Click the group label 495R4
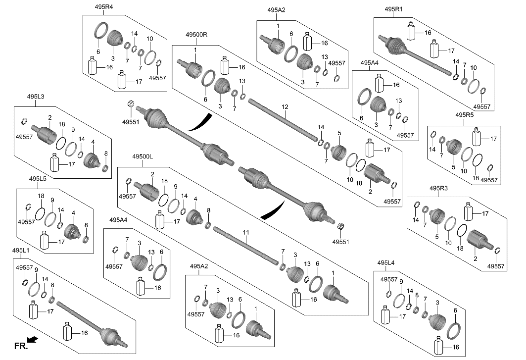click(103, 7)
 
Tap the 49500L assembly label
click(143, 156)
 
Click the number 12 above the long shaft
click(285, 107)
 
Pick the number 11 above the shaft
click(245, 232)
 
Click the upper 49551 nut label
click(131, 121)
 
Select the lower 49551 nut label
click(340, 242)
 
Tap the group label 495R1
click(394, 9)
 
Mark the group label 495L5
click(38, 178)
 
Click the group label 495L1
click(21, 251)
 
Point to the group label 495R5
click(465, 115)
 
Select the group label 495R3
click(439, 188)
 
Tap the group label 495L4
click(386, 262)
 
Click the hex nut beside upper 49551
click(131, 103)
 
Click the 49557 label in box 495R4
click(157, 78)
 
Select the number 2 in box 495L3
click(50, 117)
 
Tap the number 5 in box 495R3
click(437, 237)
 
